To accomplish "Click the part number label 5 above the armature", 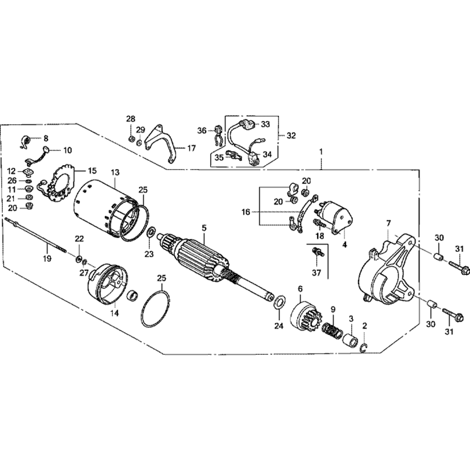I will pos(204,228).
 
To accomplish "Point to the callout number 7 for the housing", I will pos(388,222).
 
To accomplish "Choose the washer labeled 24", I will pos(279,302).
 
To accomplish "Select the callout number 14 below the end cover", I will pos(115,313).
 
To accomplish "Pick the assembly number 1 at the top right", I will pos(321,152).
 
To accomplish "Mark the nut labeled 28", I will pos(131,139).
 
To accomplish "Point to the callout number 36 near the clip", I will pos(202,130).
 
